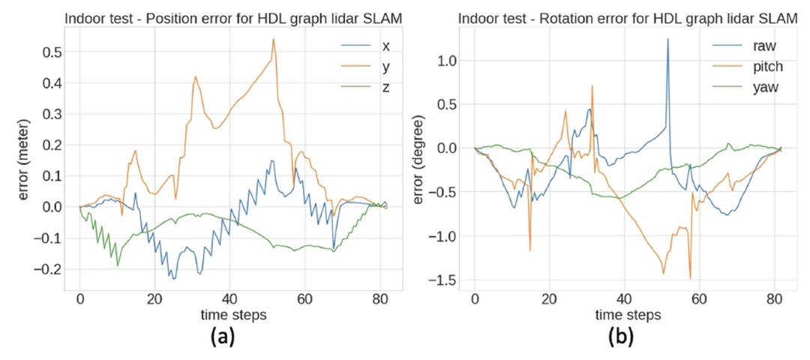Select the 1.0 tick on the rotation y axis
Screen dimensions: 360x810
(x=448, y=59)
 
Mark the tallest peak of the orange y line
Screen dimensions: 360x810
(x=274, y=39)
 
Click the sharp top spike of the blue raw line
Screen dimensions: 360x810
(x=667, y=39)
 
